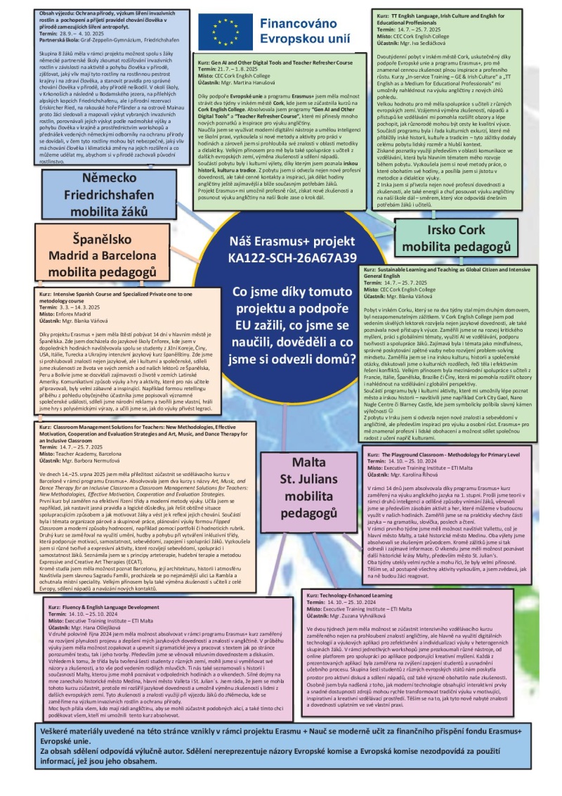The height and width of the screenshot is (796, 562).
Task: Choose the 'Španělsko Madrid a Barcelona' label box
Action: (x=103, y=250)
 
